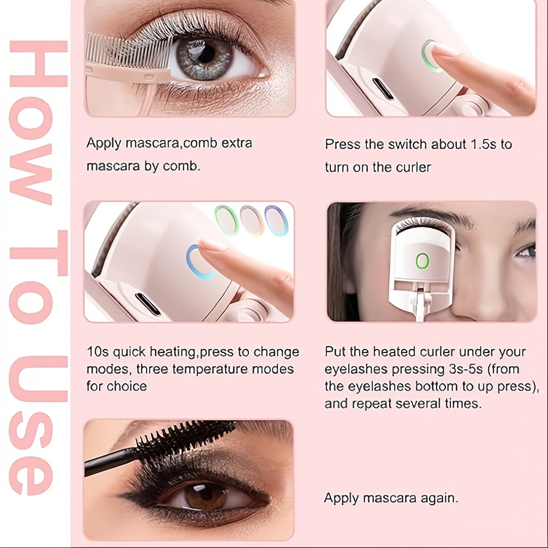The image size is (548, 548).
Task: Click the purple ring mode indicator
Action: [276, 221]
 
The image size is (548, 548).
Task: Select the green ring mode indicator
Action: [227, 220]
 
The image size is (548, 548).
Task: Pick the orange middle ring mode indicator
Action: [252, 220]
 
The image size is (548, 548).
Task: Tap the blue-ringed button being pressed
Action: [200, 262]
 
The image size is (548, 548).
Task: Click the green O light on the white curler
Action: [422, 261]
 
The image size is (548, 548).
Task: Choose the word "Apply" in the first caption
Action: [104, 143]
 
